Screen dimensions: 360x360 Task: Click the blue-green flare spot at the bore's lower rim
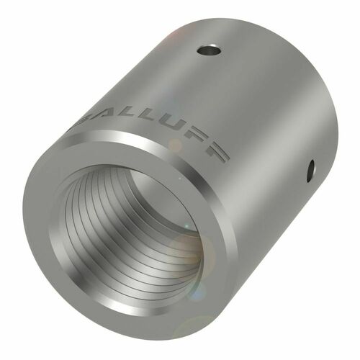coord(193,292)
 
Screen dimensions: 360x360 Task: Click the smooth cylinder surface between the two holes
coord(266,108)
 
